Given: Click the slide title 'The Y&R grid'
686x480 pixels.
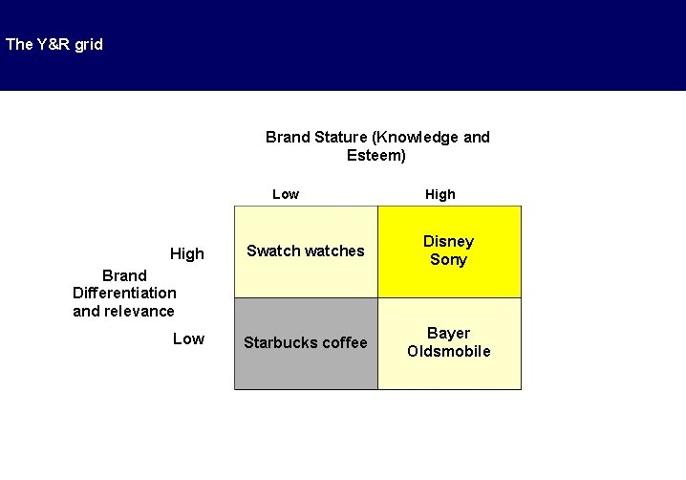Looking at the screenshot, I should coord(54,44).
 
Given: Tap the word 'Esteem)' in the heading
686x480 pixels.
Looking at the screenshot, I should coord(376,155).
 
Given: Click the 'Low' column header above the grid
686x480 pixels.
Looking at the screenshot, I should coord(285,194).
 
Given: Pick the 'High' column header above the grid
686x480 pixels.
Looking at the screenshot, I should coord(439,194).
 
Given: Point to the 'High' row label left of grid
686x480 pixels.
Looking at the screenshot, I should coord(186,253).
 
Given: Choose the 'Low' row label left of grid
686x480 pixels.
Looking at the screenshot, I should coord(188,338).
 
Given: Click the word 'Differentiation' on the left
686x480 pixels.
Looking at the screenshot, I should coord(124,293).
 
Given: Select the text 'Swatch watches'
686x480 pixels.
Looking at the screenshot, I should coord(306,251).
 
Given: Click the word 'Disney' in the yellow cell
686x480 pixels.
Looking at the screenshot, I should coord(448,241).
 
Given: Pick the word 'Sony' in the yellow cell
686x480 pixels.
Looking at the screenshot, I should coord(448,259).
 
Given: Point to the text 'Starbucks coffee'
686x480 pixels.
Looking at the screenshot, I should coord(305,342).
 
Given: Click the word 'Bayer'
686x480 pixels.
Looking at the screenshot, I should coord(448,333).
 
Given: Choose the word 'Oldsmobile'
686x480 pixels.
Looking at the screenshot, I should coord(448,351).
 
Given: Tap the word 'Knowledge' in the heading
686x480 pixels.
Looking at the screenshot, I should coord(423,137).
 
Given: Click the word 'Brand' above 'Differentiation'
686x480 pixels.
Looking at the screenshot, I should coord(124,275).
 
